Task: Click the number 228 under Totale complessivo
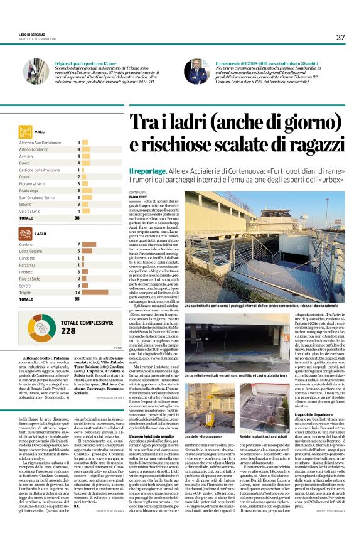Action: pos(68,331)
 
